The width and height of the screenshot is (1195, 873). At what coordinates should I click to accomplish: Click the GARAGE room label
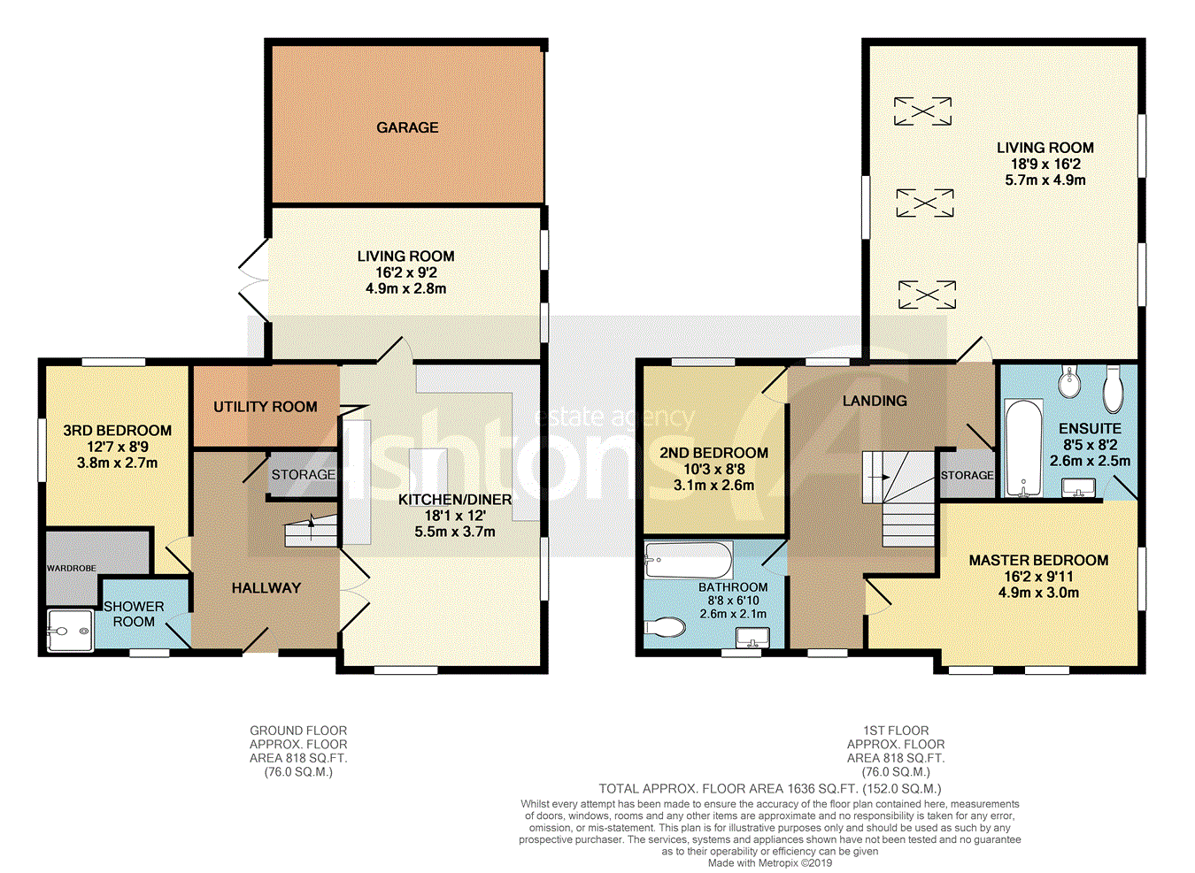(x=407, y=127)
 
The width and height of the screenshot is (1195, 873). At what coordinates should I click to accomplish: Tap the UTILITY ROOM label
(x=266, y=407)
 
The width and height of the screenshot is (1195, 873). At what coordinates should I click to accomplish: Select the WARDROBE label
(x=72, y=569)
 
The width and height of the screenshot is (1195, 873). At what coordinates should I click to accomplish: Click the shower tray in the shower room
(x=71, y=631)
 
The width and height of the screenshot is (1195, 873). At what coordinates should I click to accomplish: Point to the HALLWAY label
(x=266, y=588)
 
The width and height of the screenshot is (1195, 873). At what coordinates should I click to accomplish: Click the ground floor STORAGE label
(x=303, y=474)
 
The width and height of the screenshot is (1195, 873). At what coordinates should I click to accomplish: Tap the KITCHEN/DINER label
(x=455, y=500)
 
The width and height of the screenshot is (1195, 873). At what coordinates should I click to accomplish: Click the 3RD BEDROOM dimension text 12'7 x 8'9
(x=118, y=447)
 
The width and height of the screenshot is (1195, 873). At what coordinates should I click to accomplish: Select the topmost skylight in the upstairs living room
(x=922, y=111)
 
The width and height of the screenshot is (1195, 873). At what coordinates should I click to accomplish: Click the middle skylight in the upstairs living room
(x=924, y=203)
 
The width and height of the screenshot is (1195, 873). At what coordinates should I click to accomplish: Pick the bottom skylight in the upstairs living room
(x=927, y=295)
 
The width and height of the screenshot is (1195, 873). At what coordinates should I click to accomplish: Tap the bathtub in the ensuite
(x=1024, y=448)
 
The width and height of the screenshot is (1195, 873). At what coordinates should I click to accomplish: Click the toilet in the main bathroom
(x=664, y=627)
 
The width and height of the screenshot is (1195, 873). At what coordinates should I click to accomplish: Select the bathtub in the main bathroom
(x=688, y=560)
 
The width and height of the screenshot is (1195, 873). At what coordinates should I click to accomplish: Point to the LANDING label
(x=875, y=401)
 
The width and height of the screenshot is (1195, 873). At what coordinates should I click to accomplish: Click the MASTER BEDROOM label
(x=1038, y=560)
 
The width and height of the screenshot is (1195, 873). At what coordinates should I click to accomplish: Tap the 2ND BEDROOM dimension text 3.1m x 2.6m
(x=713, y=486)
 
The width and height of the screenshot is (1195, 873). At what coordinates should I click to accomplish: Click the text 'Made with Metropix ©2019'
(x=770, y=863)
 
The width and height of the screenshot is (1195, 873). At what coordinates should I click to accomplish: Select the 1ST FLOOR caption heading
(x=896, y=731)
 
